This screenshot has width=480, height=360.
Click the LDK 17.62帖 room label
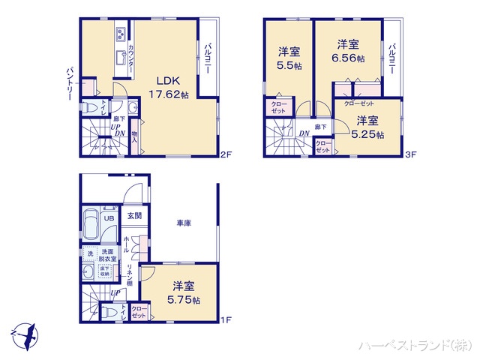coord(168,88)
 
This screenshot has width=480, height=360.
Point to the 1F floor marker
coord(225,320)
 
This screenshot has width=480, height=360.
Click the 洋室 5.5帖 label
coord(289,59)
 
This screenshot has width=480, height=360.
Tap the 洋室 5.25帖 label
coord(367,127)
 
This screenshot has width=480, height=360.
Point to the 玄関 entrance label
coord(134,216)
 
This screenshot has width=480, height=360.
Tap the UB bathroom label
coord(109,220)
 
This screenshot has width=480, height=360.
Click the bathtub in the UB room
coord(91,226)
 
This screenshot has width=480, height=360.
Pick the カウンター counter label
coord(131,58)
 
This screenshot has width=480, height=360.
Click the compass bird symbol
coord(22,331)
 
